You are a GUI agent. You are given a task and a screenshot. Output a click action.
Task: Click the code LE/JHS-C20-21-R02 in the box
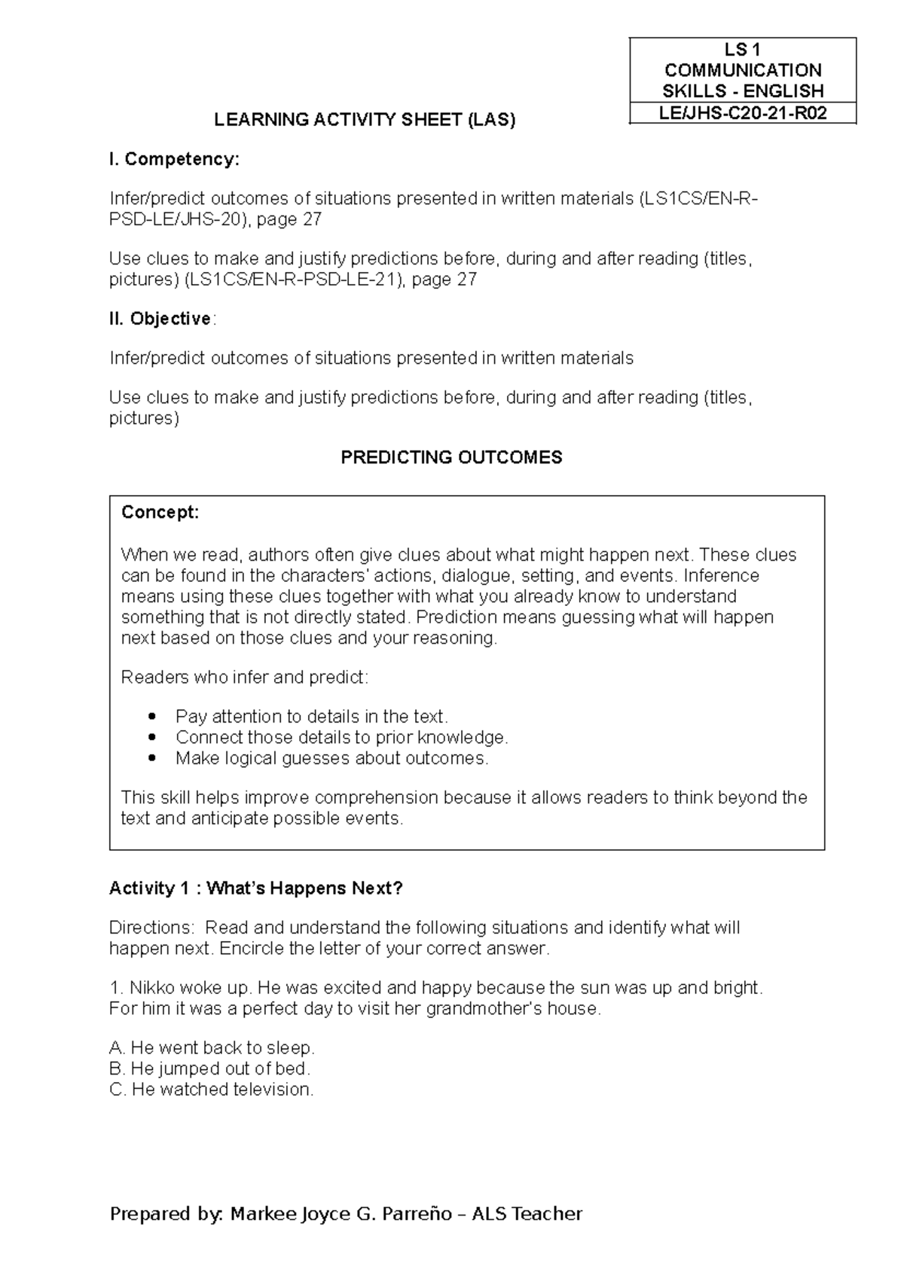[x=743, y=113]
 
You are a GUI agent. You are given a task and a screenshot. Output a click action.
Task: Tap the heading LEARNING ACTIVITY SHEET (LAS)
[x=365, y=120]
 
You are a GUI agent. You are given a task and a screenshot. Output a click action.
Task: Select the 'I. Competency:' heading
[x=174, y=159]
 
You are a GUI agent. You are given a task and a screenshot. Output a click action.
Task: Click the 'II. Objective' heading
[x=160, y=319]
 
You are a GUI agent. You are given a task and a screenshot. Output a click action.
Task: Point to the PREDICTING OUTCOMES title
[x=451, y=457]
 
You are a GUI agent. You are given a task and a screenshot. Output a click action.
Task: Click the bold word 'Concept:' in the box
[x=160, y=512]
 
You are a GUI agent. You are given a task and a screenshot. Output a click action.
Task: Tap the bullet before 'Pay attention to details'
[x=154, y=716]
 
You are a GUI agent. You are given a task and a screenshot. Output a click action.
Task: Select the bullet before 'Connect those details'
[x=154, y=737]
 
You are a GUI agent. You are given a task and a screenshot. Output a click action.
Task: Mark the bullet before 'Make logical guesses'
[x=154, y=758]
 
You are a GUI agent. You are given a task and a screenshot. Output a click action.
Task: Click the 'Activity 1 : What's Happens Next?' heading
[x=256, y=888]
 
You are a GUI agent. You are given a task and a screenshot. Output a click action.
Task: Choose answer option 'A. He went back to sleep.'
[x=212, y=1047]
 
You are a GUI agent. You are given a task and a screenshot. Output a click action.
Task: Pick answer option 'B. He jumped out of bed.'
[x=209, y=1069]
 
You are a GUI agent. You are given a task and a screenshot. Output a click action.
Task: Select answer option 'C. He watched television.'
[x=211, y=1090]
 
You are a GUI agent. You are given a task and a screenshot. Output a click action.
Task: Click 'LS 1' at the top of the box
[x=743, y=50]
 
